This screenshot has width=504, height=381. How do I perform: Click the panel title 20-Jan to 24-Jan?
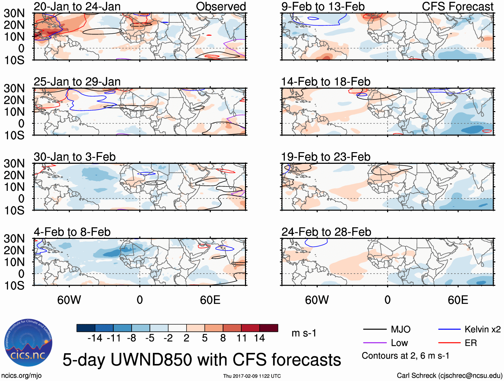77,7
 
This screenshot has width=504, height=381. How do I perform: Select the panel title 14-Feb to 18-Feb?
326,82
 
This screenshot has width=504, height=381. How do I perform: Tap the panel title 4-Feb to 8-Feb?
72,232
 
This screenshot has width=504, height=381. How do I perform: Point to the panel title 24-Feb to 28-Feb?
326,232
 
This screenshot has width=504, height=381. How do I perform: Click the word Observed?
221,7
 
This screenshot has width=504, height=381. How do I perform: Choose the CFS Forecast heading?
458,7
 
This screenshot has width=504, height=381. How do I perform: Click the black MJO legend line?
375,330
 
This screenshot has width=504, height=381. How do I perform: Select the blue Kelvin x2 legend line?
449,330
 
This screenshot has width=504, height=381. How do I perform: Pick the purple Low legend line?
375,343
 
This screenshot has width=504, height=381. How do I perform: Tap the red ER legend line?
449,343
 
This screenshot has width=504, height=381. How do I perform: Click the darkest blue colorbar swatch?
86,328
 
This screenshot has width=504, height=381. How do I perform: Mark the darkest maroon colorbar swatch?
269,328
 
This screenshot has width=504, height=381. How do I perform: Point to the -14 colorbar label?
95,338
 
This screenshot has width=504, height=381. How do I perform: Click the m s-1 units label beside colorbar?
304,333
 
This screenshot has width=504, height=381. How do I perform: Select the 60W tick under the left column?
69,300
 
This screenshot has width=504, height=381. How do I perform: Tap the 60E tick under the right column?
458,300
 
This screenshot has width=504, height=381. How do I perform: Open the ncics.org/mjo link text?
22,376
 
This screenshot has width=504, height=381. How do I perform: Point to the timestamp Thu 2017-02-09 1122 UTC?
252,376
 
